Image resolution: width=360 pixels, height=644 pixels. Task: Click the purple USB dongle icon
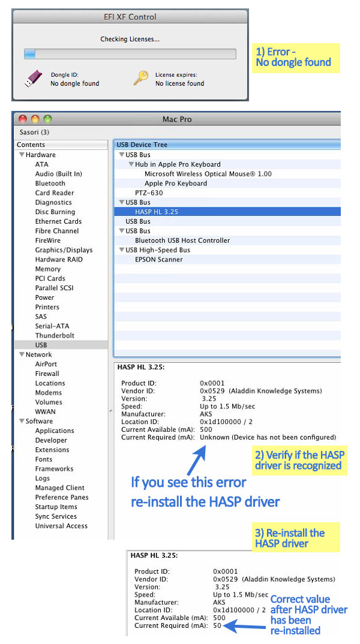click(34, 79)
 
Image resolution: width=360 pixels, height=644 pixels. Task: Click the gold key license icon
click(140, 79)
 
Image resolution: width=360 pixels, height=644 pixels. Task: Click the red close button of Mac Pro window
click(23, 119)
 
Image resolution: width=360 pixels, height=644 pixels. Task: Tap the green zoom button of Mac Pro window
click(47, 119)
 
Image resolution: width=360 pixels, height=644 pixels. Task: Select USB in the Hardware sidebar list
click(41, 345)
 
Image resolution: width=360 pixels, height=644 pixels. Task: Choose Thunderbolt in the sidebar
click(54, 335)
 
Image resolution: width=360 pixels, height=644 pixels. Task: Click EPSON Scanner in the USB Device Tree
click(159, 260)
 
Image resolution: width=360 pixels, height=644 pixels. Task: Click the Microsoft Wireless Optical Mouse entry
click(208, 174)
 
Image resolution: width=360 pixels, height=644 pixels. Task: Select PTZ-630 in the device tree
click(149, 193)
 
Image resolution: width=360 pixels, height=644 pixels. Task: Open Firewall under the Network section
click(47, 374)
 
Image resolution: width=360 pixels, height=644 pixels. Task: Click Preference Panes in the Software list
click(62, 497)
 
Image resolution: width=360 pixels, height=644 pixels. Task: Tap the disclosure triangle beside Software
click(21, 422)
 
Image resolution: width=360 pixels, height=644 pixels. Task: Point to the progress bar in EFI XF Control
click(130, 54)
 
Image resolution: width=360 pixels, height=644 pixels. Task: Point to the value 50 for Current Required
click(217, 625)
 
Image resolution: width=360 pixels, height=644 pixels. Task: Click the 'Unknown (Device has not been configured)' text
click(268, 437)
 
